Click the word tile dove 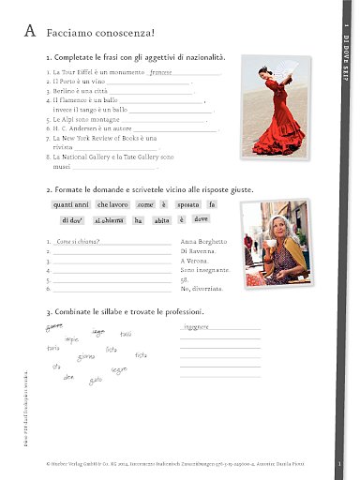(201, 219)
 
